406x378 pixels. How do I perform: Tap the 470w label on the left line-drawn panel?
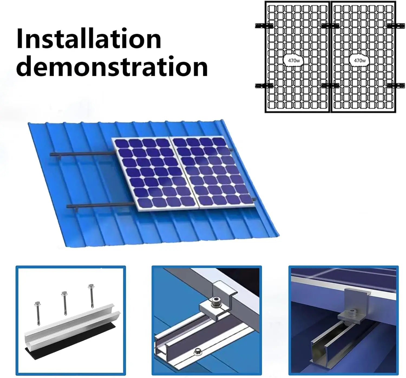coord(294,61)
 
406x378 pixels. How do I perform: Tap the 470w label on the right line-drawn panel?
coord(360,61)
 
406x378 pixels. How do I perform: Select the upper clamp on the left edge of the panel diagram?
coord(264,26)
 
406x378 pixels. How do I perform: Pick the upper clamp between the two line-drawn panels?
coord(330,26)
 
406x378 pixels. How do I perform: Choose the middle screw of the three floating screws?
coord(64,300)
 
